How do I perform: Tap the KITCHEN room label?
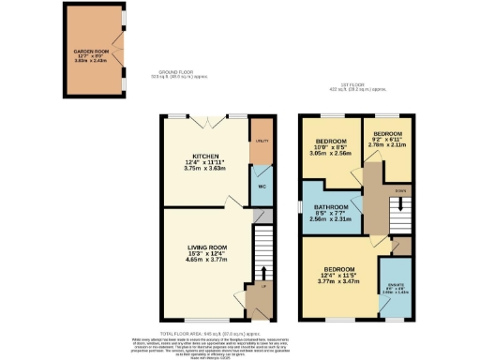(205, 156)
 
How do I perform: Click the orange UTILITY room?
(261, 141)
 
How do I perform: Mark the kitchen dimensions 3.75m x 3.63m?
(205, 170)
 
